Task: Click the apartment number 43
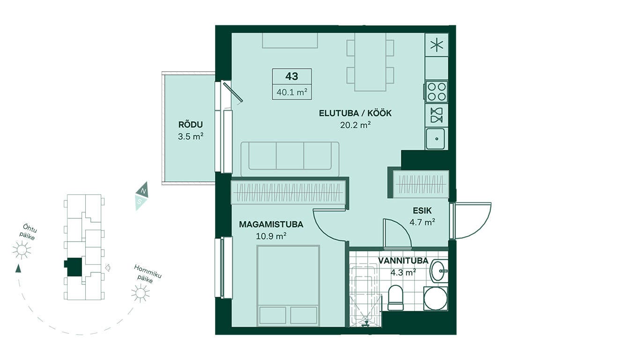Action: pyautogui.click(x=292, y=76)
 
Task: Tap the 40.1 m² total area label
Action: pyautogui.click(x=292, y=92)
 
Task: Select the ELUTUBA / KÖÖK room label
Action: pyautogui.click(x=355, y=113)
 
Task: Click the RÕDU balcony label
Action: pyautogui.click(x=191, y=125)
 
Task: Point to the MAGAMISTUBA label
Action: pyautogui.click(x=271, y=225)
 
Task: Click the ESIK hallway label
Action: pyautogui.click(x=422, y=211)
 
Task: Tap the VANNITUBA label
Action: pyautogui.click(x=403, y=261)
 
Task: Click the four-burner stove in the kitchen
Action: pyautogui.click(x=437, y=92)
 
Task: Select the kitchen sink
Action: pyautogui.click(x=435, y=139)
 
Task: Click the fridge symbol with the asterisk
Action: pyautogui.click(x=437, y=45)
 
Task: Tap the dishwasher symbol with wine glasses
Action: pyautogui.click(x=437, y=115)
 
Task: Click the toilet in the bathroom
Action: pyautogui.click(x=396, y=297)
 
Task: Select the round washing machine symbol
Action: pyautogui.click(x=435, y=298)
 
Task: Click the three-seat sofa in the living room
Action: pyautogui.click(x=290, y=159)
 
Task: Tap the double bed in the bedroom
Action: pyautogui.click(x=288, y=285)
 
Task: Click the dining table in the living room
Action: pyautogui.click(x=370, y=62)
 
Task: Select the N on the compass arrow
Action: pyautogui.click(x=144, y=191)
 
